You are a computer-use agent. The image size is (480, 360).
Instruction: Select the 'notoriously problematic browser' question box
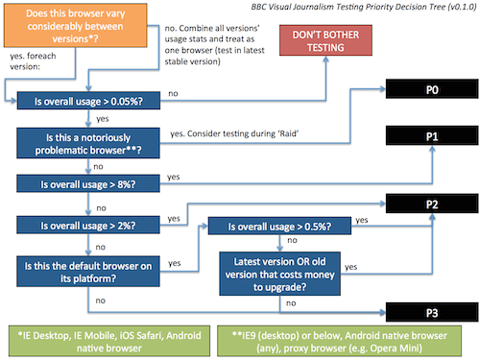click(x=84, y=141)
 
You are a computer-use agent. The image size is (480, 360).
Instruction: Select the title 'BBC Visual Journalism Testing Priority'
click(x=325, y=8)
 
